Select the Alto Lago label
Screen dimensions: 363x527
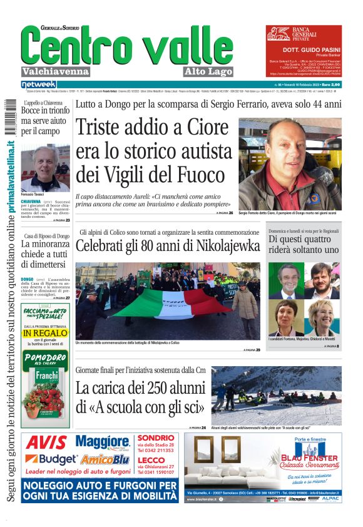pyautogui.click(x=208, y=71)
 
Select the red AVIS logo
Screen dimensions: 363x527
pyautogui.click(x=46, y=443)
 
